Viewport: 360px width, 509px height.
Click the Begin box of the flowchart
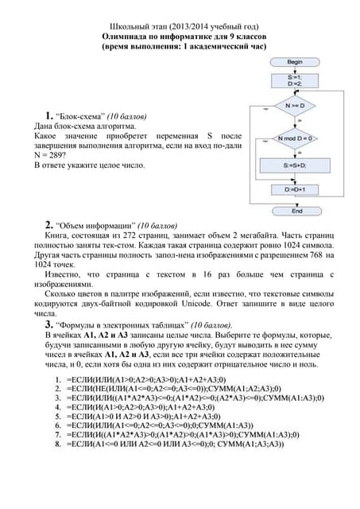[x=295, y=61]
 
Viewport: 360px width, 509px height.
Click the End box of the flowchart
[x=295, y=212]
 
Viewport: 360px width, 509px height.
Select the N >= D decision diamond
[x=295, y=103]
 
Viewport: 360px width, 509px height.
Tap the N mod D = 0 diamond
[x=295, y=138]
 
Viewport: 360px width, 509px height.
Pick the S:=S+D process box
[x=295, y=165]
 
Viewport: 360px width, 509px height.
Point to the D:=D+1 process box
[x=295, y=190]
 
